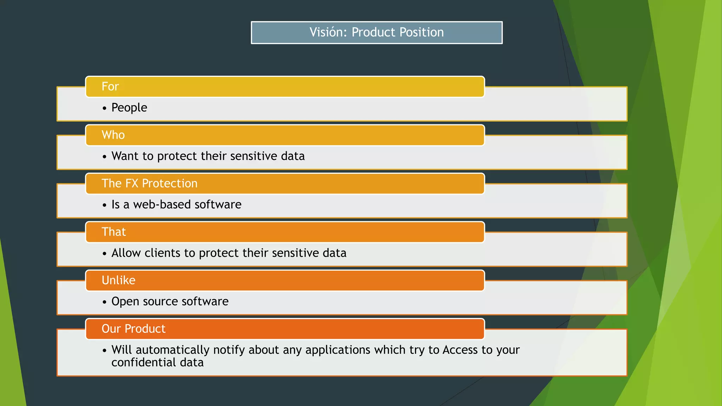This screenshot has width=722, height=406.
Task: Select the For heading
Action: click(110, 87)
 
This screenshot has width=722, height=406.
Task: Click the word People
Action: click(129, 108)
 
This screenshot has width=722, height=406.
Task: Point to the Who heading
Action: click(113, 135)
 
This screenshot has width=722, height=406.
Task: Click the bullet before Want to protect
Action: click(104, 157)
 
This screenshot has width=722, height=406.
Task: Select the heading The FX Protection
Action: click(149, 184)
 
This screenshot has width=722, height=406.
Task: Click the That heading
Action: click(114, 232)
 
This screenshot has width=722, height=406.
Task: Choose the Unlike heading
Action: click(118, 281)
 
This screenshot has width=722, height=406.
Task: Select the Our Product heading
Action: click(133, 329)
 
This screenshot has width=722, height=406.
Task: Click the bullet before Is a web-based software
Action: click(104, 205)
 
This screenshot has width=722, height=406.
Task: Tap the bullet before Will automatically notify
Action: click(104, 351)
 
